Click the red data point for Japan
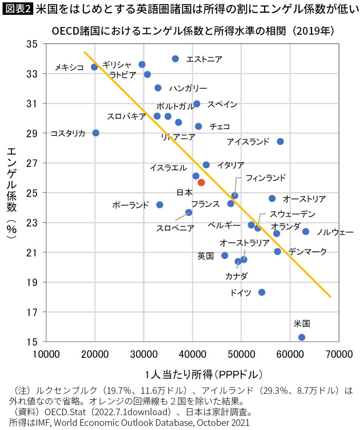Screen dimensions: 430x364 [x=201, y=182]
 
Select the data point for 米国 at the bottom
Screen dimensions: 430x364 [x=302, y=337]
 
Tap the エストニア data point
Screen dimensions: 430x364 [x=175, y=59]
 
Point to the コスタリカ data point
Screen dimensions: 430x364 [x=96, y=133]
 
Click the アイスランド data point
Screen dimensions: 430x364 [x=280, y=142]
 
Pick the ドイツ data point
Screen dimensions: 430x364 [x=262, y=292]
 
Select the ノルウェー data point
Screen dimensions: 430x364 [x=306, y=232]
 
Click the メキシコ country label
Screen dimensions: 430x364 [x=69, y=68]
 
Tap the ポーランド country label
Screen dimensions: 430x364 [x=131, y=205]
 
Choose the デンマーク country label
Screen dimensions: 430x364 [x=307, y=252]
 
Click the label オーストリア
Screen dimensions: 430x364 [x=304, y=199]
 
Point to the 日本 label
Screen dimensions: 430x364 [x=184, y=193]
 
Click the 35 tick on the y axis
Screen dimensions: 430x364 [x=32, y=44]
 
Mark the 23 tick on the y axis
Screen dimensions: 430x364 [x=32, y=223]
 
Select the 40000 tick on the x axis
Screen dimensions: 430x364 [x=193, y=354]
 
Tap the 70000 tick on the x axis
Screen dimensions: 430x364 [x=339, y=354]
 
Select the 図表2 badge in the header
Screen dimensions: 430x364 [x=18, y=9]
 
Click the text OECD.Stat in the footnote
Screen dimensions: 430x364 [x=65, y=412]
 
